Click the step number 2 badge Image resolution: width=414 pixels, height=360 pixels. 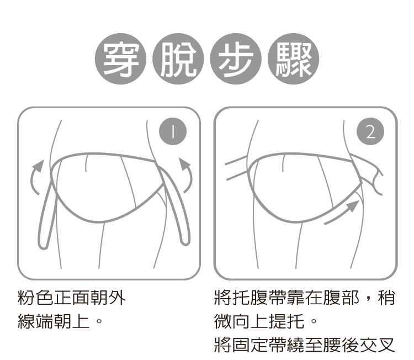coord(370,131)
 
